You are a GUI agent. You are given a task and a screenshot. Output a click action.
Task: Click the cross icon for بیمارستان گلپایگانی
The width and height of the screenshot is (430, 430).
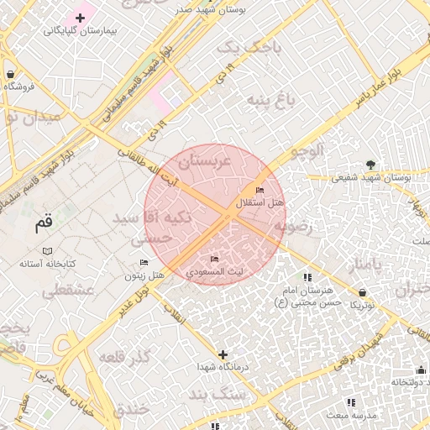tap(81, 18)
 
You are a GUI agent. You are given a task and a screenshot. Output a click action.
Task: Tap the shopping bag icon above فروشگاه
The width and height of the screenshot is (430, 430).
tap(9, 74)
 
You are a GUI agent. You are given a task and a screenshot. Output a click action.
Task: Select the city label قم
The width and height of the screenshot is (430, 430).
tap(43, 224)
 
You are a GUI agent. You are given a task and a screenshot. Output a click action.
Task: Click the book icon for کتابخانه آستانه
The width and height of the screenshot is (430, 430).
tap(47, 251)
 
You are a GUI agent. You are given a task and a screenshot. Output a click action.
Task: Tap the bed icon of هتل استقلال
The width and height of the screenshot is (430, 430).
tap(259, 191)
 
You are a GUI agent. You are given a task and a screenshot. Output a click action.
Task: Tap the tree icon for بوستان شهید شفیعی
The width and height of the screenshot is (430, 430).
tap(371, 165)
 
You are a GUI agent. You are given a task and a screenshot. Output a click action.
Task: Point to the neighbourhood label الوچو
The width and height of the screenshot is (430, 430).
tap(307, 151)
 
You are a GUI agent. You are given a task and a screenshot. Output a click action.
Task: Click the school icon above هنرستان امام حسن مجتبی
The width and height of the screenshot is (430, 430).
tap(307, 277)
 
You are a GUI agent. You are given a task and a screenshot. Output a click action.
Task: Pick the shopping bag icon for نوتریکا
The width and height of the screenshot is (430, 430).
tap(363, 292)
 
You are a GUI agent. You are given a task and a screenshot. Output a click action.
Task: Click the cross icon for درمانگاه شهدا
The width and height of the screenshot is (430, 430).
tap(223, 355)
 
